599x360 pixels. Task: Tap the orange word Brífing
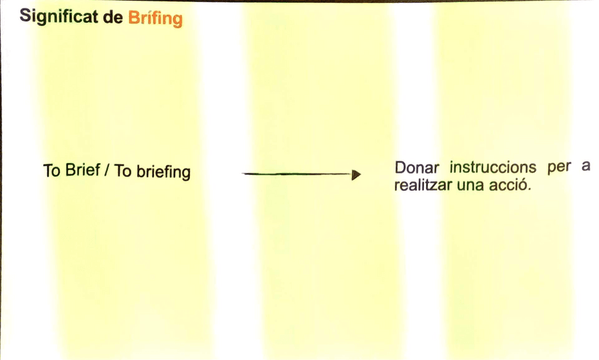coord(155,18)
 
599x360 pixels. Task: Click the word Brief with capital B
coord(83,171)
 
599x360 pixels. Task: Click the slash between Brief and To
coord(107,171)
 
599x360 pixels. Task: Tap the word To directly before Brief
coord(52,171)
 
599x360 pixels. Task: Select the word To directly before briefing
coord(122,172)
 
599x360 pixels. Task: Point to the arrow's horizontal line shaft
coord(297,174)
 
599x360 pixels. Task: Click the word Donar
coord(417,169)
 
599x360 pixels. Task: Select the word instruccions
coord(493,169)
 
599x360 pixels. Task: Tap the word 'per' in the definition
coord(559,170)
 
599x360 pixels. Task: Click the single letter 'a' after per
coord(585,169)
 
